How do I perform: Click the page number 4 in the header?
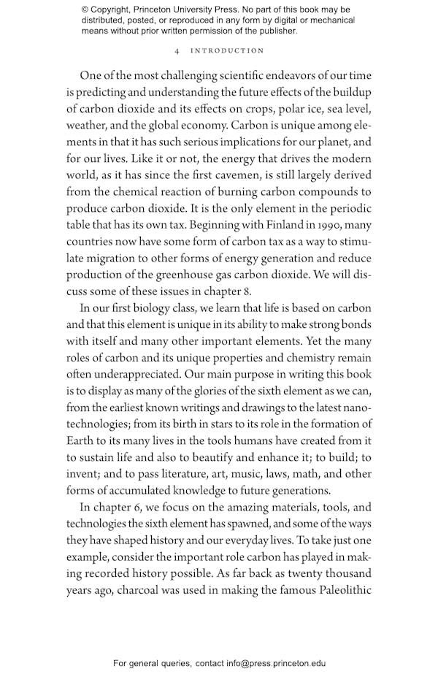tap(177, 51)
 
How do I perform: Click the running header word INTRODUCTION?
tap(227, 51)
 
